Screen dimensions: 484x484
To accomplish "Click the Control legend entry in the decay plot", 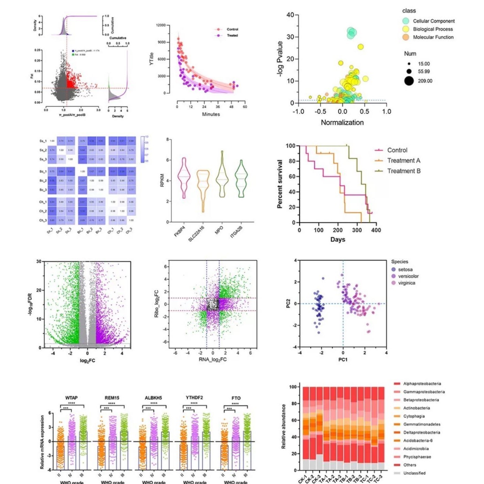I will (232, 30).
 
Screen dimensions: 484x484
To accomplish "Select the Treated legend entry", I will (232, 35).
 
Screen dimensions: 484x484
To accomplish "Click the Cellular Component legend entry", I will (434, 21).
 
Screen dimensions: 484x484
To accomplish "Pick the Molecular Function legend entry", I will (433, 37).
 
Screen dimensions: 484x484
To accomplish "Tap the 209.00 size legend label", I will (425, 81).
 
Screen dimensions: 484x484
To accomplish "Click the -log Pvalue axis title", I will (280, 59).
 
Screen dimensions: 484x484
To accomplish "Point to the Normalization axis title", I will (342, 123).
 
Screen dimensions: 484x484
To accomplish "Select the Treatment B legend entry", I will (403, 171).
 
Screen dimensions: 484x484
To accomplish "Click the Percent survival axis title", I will (280, 184).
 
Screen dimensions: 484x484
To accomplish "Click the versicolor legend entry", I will (408, 276).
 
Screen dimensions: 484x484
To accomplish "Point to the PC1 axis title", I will (343, 359).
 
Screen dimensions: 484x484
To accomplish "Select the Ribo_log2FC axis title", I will (157, 304).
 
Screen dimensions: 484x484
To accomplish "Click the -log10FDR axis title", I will (30, 304).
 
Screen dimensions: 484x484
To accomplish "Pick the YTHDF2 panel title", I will (194, 397).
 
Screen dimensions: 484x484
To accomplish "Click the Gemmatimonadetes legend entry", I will (422, 424).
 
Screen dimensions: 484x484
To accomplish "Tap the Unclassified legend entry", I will (414, 473).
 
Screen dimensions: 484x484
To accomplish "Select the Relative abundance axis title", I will (284, 426).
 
